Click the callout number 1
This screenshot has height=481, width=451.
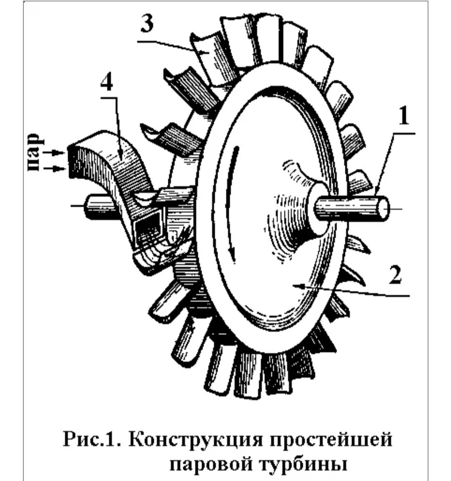(x=403, y=116)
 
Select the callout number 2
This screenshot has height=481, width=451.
(x=395, y=275)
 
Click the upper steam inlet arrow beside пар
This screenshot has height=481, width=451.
(x=54, y=152)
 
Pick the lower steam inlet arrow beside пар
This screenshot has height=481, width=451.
(x=54, y=168)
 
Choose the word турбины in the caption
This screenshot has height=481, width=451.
(x=304, y=464)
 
